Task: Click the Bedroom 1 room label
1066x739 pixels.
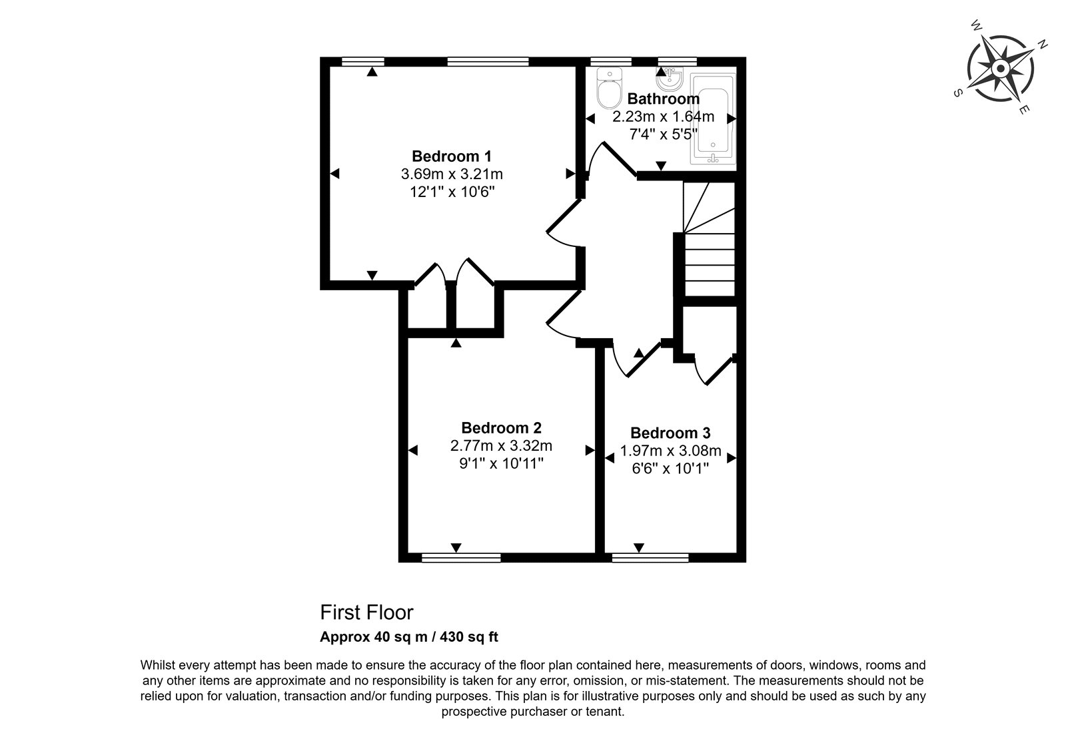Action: pos(451,156)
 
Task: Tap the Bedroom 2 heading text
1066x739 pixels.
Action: pos(501,428)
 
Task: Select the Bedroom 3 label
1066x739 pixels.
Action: pos(670,433)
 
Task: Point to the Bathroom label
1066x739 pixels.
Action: pos(664,99)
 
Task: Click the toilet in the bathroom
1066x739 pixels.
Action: pos(610,88)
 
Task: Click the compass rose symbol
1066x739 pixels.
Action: pos(1000,69)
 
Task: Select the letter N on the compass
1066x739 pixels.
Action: pos(1042,45)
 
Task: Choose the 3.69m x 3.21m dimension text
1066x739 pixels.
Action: pos(452,174)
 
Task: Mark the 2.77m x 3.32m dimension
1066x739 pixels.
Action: pos(501,445)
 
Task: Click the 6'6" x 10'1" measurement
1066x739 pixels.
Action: pos(670,469)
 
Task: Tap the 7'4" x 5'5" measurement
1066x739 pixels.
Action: pos(664,134)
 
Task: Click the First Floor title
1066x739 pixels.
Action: pos(366,613)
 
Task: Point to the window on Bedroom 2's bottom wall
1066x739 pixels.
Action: pos(461,557)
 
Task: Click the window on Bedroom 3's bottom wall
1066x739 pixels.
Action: pos(650,557)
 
